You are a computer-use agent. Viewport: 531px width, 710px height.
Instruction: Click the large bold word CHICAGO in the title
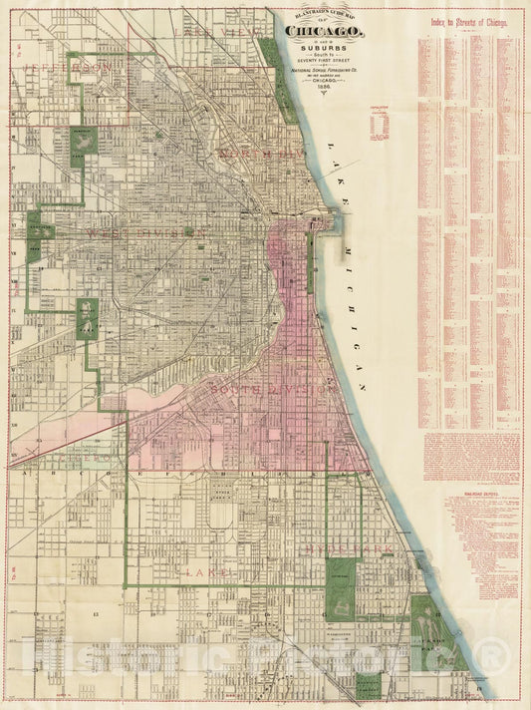(x=324, y=31)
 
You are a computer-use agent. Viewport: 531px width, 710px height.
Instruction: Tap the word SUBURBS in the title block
(x=324, y=46)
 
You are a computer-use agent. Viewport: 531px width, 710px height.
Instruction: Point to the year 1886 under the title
(x=324, y=87)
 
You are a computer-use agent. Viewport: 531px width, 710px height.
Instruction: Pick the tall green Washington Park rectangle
(x=342, y=588)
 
